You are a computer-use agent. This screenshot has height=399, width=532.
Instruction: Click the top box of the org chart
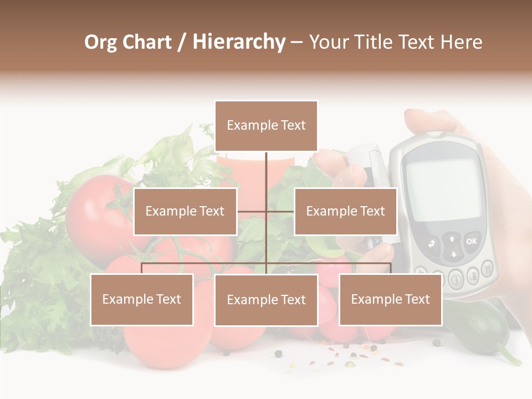point(266,126)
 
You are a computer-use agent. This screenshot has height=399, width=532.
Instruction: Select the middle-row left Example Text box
point(185,211)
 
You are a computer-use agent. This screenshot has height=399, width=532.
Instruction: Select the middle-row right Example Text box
point(345,211)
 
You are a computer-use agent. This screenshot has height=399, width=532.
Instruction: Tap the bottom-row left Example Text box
point(142,299)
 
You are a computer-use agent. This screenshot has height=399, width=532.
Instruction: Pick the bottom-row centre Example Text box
point(266,300)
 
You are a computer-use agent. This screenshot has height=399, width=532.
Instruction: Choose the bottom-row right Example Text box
point(390,299)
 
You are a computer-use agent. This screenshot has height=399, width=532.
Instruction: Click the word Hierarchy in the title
point(238,42)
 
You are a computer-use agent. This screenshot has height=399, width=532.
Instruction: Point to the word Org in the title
point(100,42)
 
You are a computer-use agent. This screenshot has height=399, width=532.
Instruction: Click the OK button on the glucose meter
point(471,241)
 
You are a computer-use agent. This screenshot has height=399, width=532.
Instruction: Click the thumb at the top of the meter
point(429,119)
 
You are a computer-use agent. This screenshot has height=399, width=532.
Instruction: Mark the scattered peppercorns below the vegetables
point(349,355)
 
